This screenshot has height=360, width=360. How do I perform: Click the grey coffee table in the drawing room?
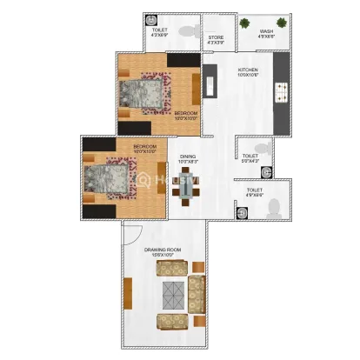172,296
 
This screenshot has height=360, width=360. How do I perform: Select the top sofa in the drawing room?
171,270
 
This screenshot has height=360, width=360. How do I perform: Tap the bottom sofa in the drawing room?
171,322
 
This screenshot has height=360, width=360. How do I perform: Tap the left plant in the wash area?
246,24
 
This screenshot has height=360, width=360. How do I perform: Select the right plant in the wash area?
283,24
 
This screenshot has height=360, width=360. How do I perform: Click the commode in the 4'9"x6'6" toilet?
272,207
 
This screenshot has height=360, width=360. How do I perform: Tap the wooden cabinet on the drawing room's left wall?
128,296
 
